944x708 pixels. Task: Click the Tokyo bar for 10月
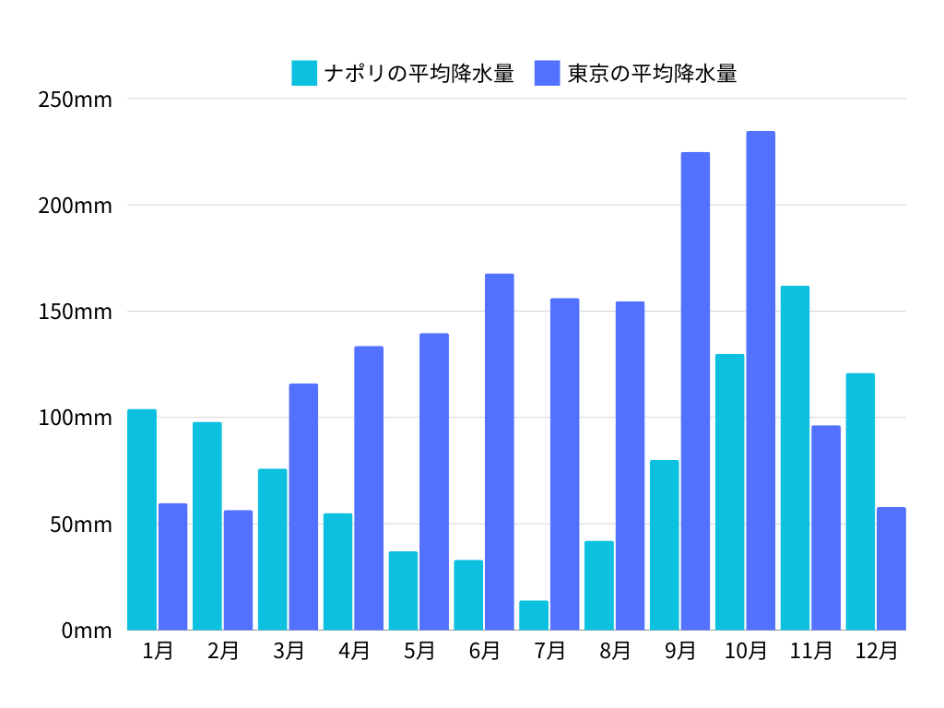(761, 381)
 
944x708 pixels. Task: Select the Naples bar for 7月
(534, 616)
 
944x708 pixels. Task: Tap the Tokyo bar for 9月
(695, 391)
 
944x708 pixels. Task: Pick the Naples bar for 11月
(795, 458)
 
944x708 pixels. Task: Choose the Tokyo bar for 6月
(500, 452)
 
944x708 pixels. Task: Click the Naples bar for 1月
(142, 520)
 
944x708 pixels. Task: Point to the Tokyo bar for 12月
(891, 569)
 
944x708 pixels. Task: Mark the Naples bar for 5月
(403, 591)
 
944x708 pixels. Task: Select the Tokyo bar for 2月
(238, 570)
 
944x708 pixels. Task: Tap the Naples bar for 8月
(599, 585)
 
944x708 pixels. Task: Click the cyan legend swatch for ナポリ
(304, 73)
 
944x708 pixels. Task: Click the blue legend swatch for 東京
(548, 73)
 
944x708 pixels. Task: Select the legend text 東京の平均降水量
(652, 73)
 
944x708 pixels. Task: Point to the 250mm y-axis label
(76, 99)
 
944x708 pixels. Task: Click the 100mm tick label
(76, 418)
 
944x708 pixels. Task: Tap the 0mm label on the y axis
(87, 631)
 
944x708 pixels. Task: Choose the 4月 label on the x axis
(354, 651)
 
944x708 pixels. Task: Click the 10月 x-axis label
(746, 651)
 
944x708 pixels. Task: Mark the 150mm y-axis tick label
(76, 312)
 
